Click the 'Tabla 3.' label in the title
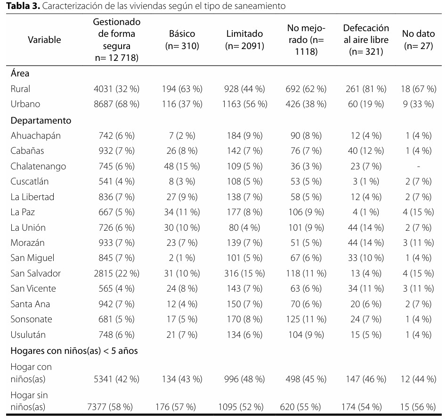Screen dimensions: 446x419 (23, 6)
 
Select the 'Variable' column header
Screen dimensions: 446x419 (44, 40)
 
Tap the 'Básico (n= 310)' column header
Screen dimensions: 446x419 (182, 40)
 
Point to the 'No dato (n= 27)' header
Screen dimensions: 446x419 (418, 40)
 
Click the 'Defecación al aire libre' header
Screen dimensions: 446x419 (366, 40)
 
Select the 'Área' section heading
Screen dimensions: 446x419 (20, 73)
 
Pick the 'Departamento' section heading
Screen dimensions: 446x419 (41, 121)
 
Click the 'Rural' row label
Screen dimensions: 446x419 (20, 89)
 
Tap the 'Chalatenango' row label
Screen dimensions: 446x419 (38, 166)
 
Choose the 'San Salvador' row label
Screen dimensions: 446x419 (35, 273)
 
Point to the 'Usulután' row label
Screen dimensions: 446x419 (28, 335)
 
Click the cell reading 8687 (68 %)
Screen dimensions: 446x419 (117, 104)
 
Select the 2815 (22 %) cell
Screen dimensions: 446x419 (117, 273)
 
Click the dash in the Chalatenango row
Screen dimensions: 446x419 (418, 167)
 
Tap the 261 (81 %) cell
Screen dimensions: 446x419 (366, 89)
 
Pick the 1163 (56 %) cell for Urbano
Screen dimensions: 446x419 (244, 104)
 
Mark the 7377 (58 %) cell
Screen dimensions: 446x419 (110, 407)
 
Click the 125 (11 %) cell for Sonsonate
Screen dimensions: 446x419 (306, 319)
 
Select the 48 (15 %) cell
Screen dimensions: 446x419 (182, 167)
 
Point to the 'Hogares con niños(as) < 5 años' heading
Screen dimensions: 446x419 (74, 351)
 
